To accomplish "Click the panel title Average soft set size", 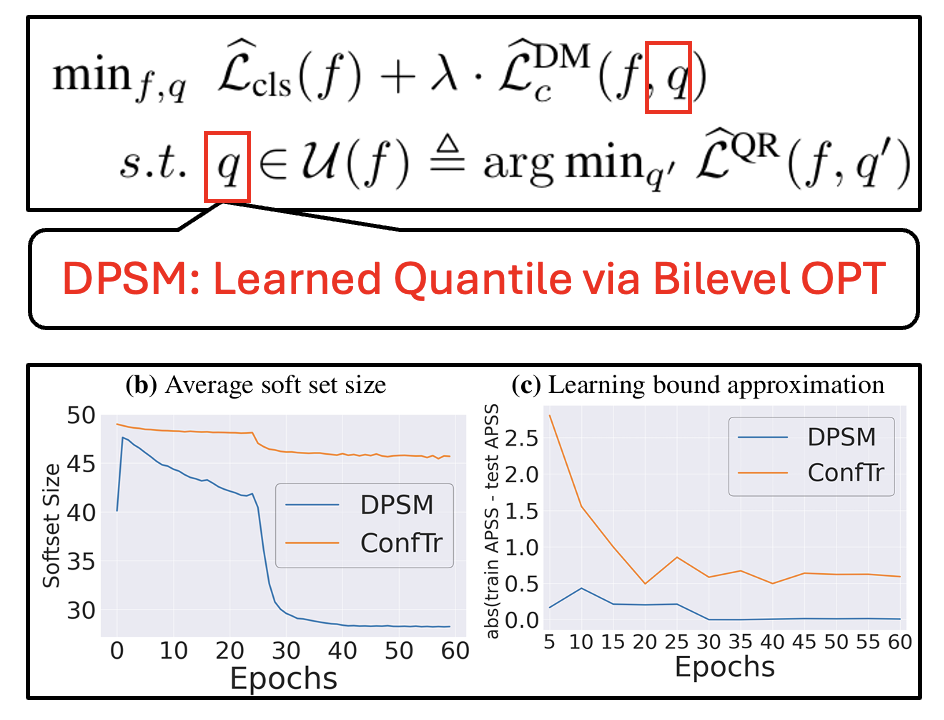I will tap(270, 384).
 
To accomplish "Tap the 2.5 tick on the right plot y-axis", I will tap(522, 438).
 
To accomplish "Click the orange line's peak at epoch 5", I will tap(549, 415).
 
